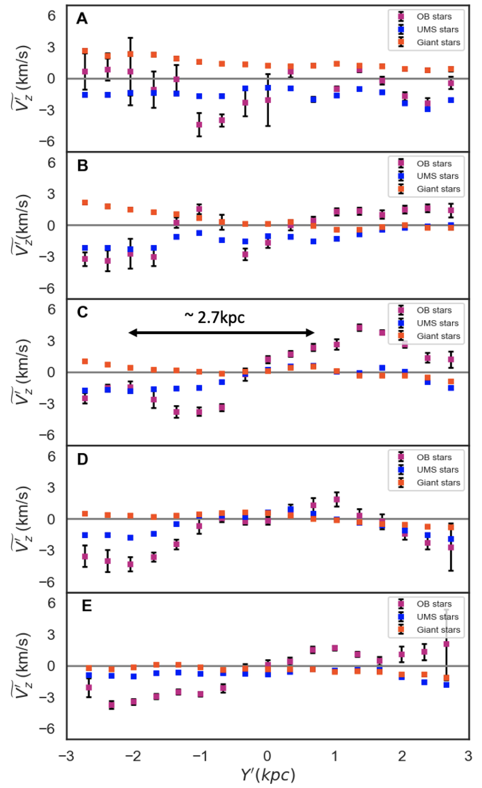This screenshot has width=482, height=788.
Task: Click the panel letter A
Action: click(x=82, y=18)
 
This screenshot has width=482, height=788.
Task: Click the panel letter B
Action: click(x=82, y=165)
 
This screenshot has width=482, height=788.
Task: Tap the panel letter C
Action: click(x=82, y=312)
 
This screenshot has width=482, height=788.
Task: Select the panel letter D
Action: click(x=82, y=459)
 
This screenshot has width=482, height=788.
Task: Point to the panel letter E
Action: click(x=87, y=605)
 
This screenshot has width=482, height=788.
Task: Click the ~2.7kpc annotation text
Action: click(x=214, y=318)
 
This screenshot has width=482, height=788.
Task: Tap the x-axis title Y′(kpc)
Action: click(x=268, y=775)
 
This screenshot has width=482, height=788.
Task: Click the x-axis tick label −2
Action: click(x=133, y=756)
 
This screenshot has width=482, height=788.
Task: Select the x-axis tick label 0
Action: click(x=268, y=756)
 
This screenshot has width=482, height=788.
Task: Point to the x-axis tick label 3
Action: click(x=468, y=756)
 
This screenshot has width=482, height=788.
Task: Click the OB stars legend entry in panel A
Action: click(x=434, y=16)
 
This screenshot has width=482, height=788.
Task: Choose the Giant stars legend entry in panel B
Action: click(x=438, y=189)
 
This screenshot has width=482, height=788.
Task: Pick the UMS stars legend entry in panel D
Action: click(x=437, y=470)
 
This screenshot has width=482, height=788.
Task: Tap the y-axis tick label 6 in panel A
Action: click(x=51, y=16)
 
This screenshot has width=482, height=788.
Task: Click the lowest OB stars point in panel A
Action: click(x=199, y=124)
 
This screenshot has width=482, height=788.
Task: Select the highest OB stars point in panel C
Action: click(x=359, y=328)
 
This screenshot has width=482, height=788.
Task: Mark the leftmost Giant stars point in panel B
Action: click(x=85, y=203)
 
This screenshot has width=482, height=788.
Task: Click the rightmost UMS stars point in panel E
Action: click(x=446, y=685)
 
